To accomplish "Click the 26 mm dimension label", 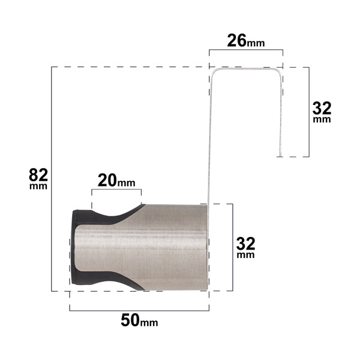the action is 245,41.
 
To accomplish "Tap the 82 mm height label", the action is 38,178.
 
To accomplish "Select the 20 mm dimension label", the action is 116,181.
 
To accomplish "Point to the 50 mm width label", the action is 139,320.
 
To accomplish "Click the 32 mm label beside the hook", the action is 322,112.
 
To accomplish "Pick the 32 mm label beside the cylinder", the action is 245,247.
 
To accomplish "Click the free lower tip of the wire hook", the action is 280,156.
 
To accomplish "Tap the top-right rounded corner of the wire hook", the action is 278,71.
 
